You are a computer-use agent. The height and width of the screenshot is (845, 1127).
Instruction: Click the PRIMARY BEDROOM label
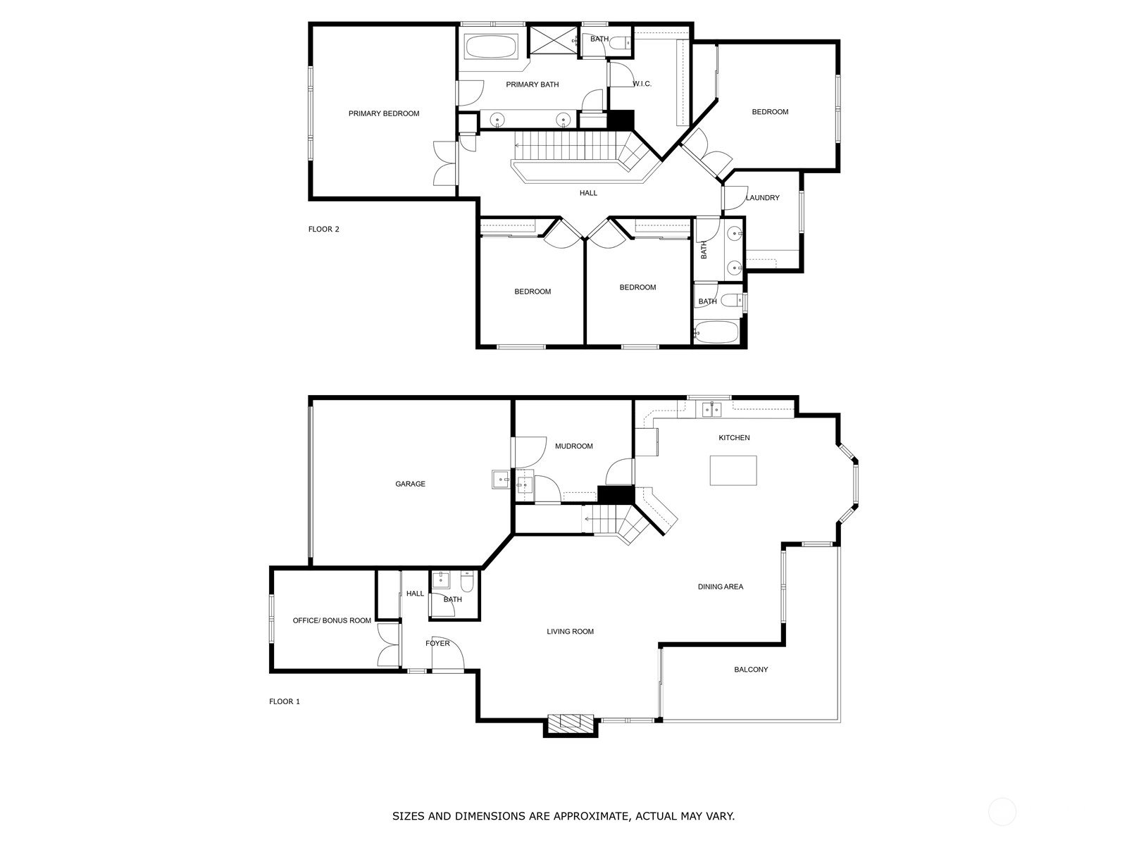[x=384, y=113]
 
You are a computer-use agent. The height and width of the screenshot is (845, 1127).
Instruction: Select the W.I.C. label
[x=642, y=84]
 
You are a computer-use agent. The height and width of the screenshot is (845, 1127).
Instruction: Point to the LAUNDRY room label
[x=762, y=198]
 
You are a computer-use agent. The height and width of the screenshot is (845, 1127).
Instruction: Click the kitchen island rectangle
[x=733, y=470]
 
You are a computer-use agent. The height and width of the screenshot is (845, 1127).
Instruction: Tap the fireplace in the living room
[x=571, y=722]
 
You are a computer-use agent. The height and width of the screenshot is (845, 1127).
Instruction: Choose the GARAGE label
[x=410, y=484]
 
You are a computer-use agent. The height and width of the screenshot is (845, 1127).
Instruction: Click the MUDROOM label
[x=574, y=446]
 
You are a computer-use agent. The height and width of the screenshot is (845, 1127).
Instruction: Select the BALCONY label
[x=751, y=670]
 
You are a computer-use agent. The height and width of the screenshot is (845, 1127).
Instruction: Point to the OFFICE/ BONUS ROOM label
[x=332, y=620]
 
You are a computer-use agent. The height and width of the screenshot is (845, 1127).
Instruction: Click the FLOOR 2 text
[x=323, y=230]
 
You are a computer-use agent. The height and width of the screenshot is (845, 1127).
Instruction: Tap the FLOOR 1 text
[x=285, y=701]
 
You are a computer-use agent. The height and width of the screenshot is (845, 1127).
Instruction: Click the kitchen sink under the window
[x=711, y=410]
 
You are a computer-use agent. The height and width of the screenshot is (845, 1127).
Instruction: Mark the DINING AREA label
[x=721, y=587]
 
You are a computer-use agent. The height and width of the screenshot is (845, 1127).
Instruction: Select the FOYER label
[x=437, y=644]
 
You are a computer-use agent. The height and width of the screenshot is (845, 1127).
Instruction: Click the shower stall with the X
[x=554, y=39]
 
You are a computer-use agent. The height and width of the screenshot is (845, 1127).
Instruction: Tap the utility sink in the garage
[x=501, y=480]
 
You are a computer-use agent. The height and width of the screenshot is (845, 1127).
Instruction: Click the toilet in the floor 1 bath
[x=467, y=582]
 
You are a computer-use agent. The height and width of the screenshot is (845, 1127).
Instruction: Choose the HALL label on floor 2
[x=588, y=193]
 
